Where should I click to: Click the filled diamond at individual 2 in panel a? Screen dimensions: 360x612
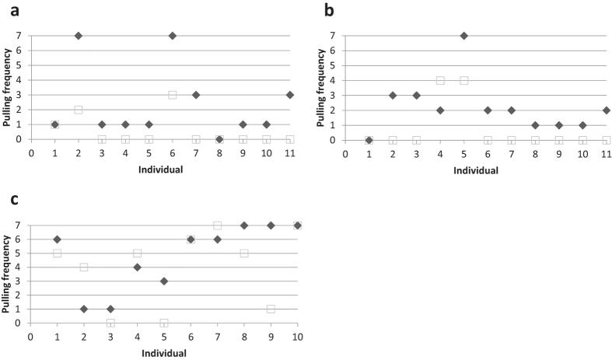click(78, 36)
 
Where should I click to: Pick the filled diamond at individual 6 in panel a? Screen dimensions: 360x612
click(172, 36)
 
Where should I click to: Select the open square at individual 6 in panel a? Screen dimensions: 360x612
click(172, 95)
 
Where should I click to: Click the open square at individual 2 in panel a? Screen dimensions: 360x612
click(78, 110)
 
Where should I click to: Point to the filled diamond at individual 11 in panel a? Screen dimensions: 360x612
click(289, 95)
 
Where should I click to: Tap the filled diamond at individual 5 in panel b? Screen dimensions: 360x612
click(463, 36)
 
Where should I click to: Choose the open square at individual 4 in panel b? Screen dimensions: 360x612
click(440, 80)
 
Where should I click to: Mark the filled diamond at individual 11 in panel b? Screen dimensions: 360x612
click(606, 110)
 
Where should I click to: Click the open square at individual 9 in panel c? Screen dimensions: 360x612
click(271, 309)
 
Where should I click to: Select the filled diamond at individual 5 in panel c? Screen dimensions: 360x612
click(164, 281)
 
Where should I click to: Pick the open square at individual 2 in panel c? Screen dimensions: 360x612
click(83, 267)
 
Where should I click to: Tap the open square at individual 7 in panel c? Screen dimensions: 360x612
click(218, 225)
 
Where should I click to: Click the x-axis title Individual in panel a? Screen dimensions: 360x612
click(160, 169)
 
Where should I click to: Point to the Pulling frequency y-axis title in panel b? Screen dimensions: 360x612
click(322, 88)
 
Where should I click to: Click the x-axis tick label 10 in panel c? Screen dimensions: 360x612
click(297, 337)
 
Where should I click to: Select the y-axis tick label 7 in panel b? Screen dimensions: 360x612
click(332, 36)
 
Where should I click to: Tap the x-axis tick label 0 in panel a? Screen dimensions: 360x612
click(31, 152)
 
